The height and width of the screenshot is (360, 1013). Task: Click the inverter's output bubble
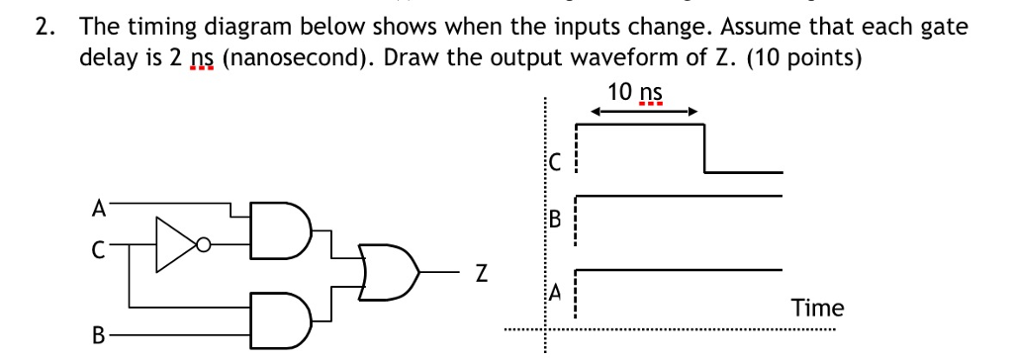coord(202,242)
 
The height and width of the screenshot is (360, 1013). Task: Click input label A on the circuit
coord(97,208)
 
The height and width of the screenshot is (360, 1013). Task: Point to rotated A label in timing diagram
coord(555,292)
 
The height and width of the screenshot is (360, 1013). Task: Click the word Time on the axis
coord(817,308)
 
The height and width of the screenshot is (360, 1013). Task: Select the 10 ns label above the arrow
coord(635,92)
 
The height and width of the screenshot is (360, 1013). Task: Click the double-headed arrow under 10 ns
coord(639,112)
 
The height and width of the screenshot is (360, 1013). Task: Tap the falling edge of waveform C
coord(704,148)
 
